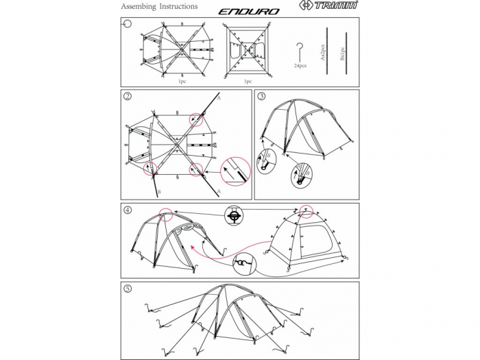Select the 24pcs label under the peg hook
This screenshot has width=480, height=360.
[300, 66]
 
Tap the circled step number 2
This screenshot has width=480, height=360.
[128, 96]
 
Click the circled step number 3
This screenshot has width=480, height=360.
[261, 96]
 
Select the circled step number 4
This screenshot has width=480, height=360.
[128, 209]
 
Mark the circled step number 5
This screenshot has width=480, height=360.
[128, 288]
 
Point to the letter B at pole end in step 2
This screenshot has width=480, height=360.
[159, 193]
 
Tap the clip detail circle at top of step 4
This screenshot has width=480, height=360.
[235, 215]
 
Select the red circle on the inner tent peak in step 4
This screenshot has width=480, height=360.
[307, 210]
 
